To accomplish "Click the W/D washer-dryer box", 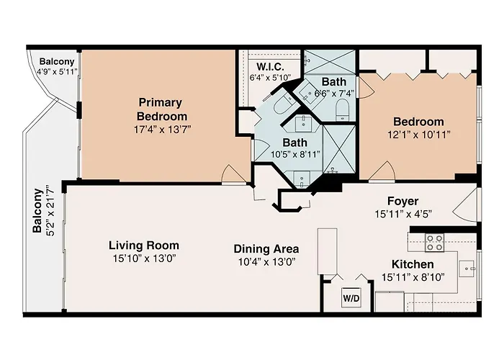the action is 351,298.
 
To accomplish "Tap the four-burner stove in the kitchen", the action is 435,243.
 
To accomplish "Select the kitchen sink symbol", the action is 467,269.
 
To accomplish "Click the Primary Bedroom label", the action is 162,109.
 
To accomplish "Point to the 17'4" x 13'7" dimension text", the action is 162,130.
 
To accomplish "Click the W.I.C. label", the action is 270,67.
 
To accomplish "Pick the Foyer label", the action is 402,201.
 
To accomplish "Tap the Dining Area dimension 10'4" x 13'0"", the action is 267,261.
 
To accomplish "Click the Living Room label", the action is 144,246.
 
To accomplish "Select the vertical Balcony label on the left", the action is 37,210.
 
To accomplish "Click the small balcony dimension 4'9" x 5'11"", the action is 57,71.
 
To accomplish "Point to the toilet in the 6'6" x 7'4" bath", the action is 342,109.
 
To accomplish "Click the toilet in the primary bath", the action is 282,103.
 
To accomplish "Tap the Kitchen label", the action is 413,264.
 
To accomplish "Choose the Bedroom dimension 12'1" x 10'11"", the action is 419,135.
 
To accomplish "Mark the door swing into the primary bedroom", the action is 233,174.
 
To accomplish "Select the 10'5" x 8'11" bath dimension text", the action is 295,155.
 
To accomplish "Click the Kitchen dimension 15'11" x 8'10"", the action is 413,277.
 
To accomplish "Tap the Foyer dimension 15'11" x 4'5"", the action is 403,214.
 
